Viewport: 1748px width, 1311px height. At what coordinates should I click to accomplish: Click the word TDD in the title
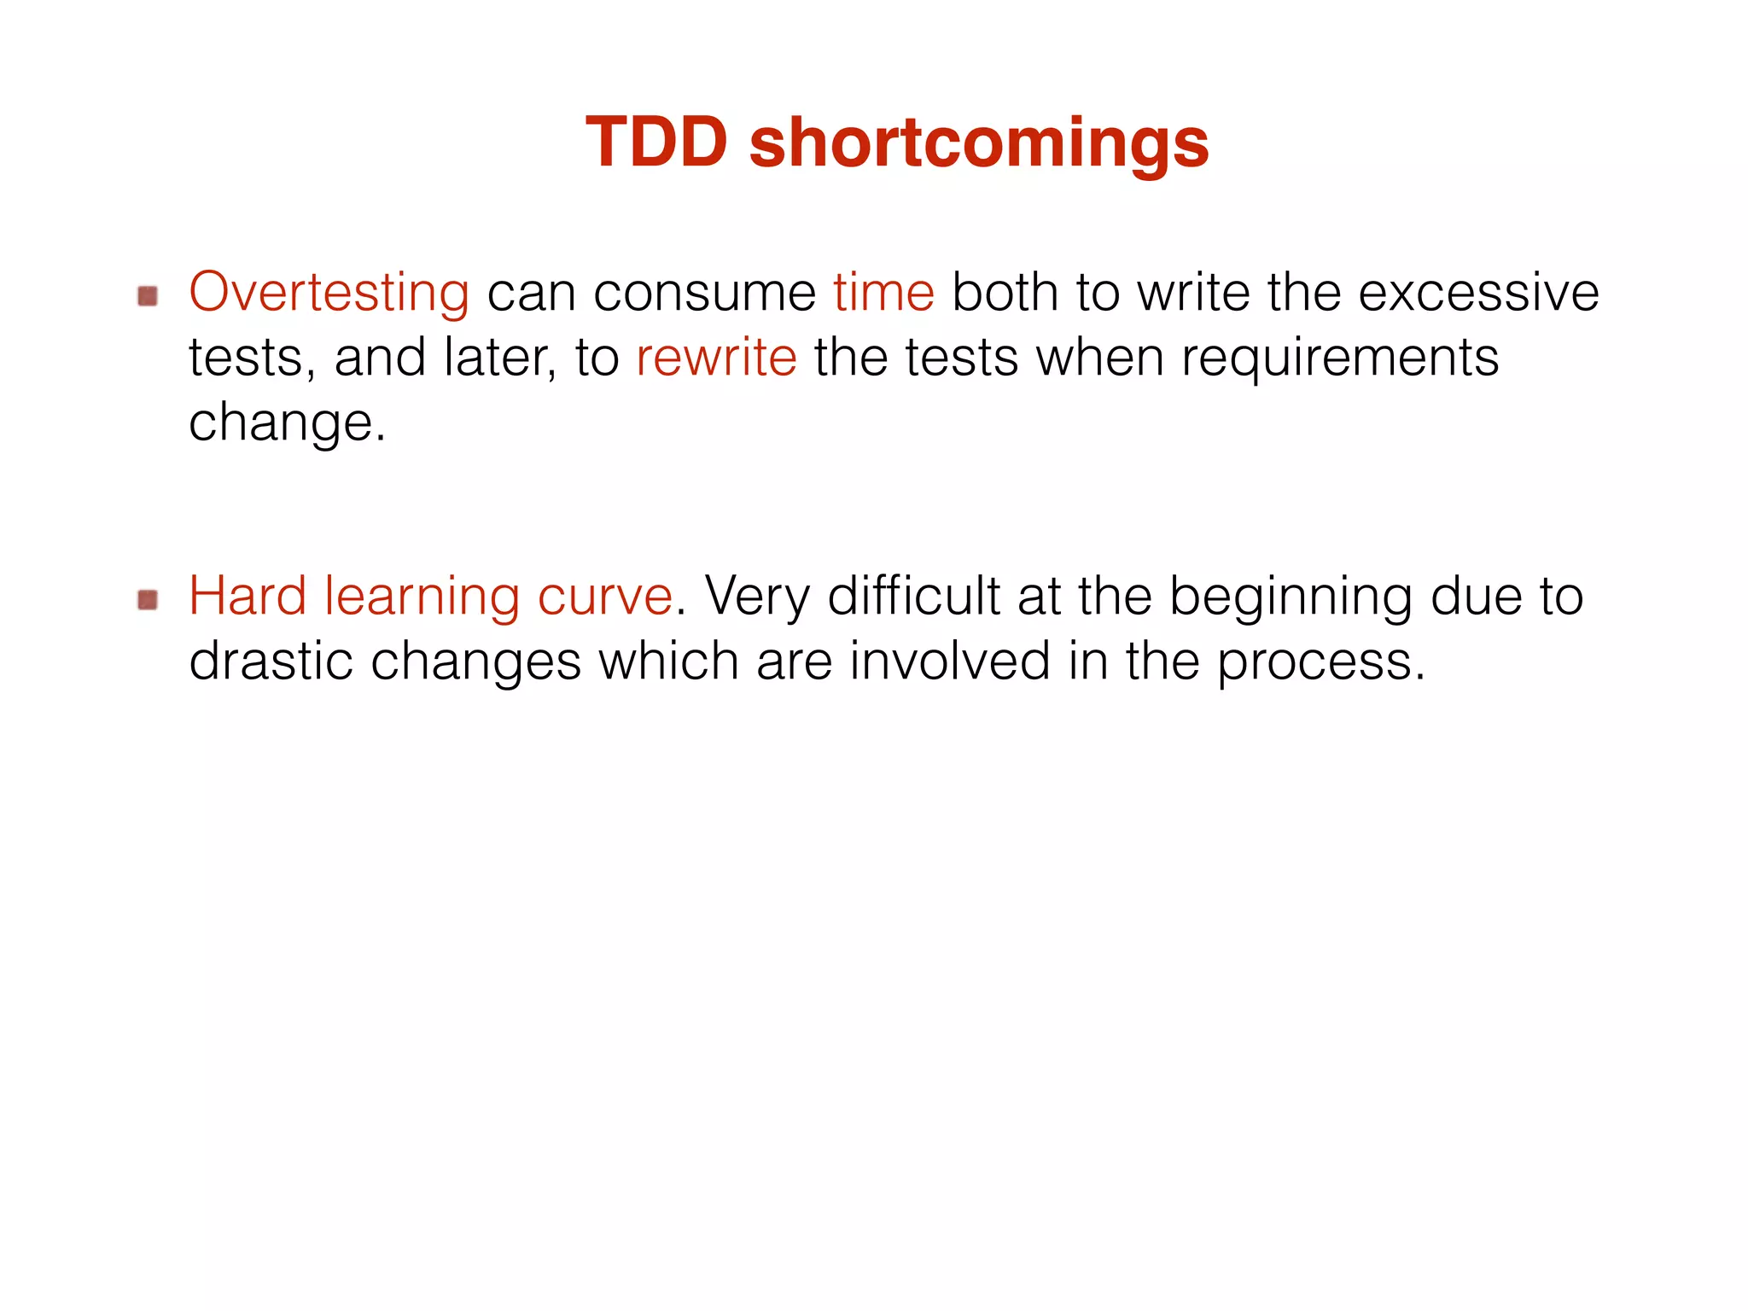point(656,143)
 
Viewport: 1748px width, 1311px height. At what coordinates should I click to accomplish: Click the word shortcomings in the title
point(978,143)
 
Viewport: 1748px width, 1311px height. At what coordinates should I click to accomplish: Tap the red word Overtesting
point(329,293)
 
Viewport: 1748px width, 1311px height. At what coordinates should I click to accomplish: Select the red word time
point(883,293)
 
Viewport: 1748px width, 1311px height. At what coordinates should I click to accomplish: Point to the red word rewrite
point(716,358)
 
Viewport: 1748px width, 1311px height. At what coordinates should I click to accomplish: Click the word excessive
point(1477,293)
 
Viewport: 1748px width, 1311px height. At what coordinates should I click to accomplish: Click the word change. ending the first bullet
point(287,422)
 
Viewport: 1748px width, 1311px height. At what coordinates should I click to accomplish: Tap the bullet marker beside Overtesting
point(148,296)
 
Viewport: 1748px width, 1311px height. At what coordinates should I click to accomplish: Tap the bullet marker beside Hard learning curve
point(148,600)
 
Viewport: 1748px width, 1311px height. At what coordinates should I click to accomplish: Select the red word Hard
point(248,596)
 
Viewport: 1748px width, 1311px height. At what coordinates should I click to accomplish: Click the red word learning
point(422,596)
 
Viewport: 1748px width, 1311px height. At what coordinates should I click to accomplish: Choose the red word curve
point(604,596)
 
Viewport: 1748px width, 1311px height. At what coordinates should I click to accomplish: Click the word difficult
point(914,596)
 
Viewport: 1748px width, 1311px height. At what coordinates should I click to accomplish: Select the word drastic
point(271,661)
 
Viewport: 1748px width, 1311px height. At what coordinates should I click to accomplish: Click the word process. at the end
point(1320,662)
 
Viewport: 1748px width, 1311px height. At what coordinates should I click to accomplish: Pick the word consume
point(704,293)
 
